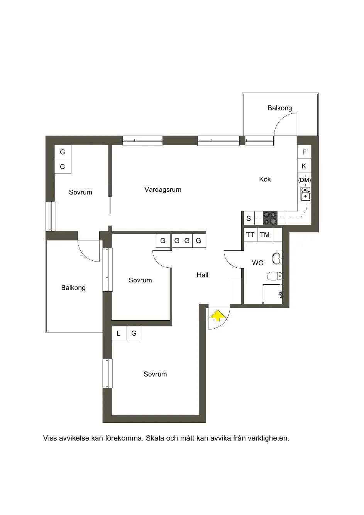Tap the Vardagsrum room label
[163, 190]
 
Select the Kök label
[265, 179]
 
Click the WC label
[257, 263]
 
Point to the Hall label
[203, 275]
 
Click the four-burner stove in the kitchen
[270, 218]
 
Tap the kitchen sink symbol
[305, 194]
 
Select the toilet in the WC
[275, 276]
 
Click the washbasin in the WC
[277, 258]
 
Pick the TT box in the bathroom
[251, 235]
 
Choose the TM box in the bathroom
[264, 235]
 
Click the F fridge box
[304, 152]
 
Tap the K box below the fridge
[304, 166]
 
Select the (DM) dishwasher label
[305, 180]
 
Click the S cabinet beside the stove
[249, 218]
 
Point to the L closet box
[119, 333]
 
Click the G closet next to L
[134, 333]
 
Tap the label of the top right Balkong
[279, 108]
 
